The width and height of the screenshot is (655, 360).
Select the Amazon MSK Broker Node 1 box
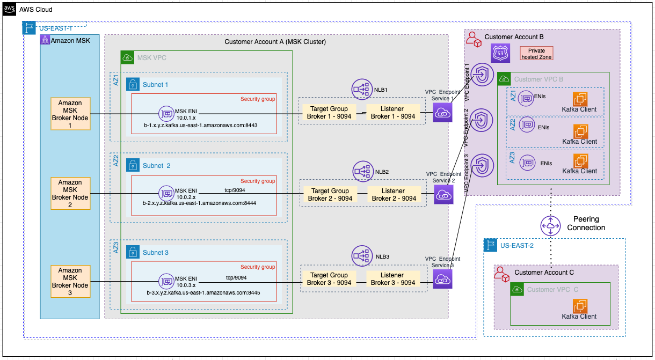(x=70, y=114)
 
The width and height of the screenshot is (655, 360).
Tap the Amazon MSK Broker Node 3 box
(x=70, y=281)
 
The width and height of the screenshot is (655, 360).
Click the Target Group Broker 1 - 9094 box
(x=329, y=113)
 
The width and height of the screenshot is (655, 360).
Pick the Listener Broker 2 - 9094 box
(x=394, y=195)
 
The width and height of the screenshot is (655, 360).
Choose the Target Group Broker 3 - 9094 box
(x=329, y=279)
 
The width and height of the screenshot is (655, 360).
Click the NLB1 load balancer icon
(x=362, y=89)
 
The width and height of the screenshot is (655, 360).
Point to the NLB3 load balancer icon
(x=362, y=256)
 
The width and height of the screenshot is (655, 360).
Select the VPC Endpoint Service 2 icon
(x=443, y=195)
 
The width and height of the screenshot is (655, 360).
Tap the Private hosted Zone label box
(x=536, y=54)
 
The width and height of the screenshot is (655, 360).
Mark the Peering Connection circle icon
(x=550, y=227)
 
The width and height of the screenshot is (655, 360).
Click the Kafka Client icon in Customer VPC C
(x=580, y=307)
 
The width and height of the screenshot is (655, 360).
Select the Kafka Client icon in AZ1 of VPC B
(x=580, y=99)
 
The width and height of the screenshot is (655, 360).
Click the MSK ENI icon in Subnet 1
(x=166, y=113)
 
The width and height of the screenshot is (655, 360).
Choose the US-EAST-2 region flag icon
(x=491, y=246)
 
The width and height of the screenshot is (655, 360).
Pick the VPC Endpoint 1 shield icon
(x=482, y=75)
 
